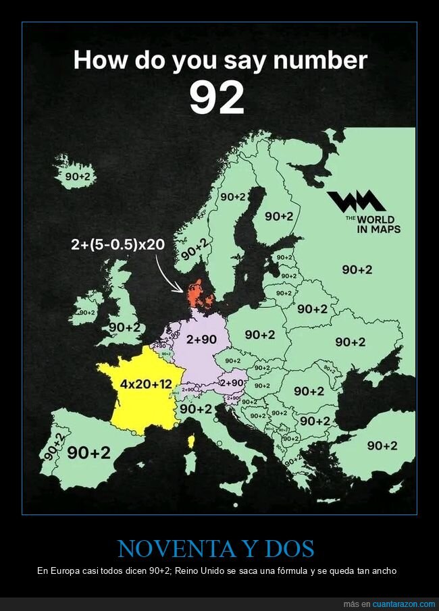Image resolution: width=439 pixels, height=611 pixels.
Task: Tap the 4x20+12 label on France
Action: click(146, 384)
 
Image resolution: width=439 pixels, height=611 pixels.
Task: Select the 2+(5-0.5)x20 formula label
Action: click(117, 244)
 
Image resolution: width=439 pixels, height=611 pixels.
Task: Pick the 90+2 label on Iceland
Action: click(77, 177)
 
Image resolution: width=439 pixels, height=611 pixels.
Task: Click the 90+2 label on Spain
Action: click(88, 453)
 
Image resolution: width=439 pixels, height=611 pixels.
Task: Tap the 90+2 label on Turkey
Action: click(382, 446)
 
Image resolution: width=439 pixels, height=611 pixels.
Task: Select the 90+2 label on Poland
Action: click(259, 335)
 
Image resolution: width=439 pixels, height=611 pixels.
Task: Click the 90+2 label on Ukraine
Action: click(350, 342)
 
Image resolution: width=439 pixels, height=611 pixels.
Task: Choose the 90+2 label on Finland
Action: click(278, 216)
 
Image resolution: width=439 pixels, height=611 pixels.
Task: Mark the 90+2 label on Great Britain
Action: click(124, 327)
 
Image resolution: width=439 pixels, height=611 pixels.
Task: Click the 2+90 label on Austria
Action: click(232, 383)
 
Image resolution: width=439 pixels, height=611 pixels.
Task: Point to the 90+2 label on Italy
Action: click(196, 409)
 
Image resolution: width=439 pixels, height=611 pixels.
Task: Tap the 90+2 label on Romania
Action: click(309, 391)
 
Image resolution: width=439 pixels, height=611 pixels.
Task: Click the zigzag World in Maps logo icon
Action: click(356, 201)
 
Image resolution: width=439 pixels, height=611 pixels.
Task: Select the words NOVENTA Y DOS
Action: click(216, 548)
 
